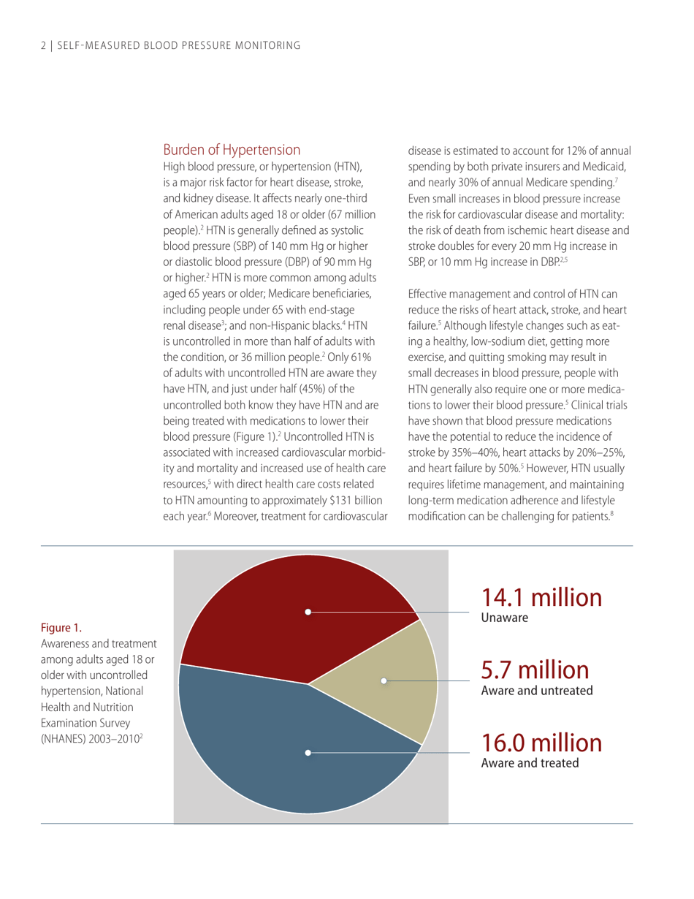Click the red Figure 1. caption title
pyautogui.click(x=61, y=627)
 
